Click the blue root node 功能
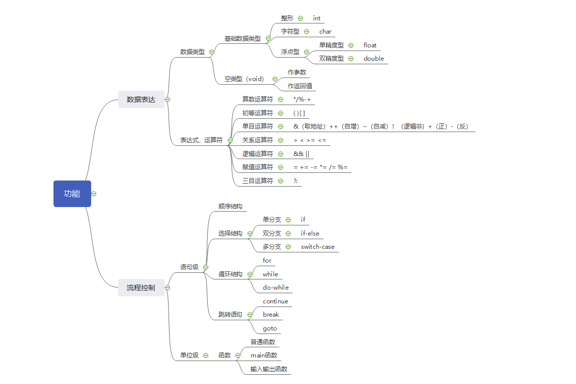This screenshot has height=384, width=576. point(72,194)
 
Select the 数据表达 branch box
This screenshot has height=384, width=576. point(141,99)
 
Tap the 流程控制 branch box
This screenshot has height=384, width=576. point(141,288)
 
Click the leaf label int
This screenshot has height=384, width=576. point(317,18)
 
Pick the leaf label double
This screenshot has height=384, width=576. point(374,59)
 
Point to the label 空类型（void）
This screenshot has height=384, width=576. point(244,79)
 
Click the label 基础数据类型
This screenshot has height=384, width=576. point(242,38)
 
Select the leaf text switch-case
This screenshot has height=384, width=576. point(318,247)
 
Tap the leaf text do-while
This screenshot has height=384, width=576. point(276,288)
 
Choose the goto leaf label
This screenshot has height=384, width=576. point(270,328)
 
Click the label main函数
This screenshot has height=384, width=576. point(264,355)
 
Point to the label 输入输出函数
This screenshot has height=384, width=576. point(269,369)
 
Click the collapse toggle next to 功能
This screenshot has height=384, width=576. point(94,194)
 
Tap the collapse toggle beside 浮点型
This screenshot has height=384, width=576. point(307,52)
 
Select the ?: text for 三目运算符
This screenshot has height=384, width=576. point(295,181)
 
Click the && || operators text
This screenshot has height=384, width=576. point(301,153)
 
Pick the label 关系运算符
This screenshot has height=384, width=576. point(258,140)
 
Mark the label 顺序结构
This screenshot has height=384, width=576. point(230,207)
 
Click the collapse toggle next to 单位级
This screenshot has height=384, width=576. point(206,355)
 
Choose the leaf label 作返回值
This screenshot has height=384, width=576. point(300,86)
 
